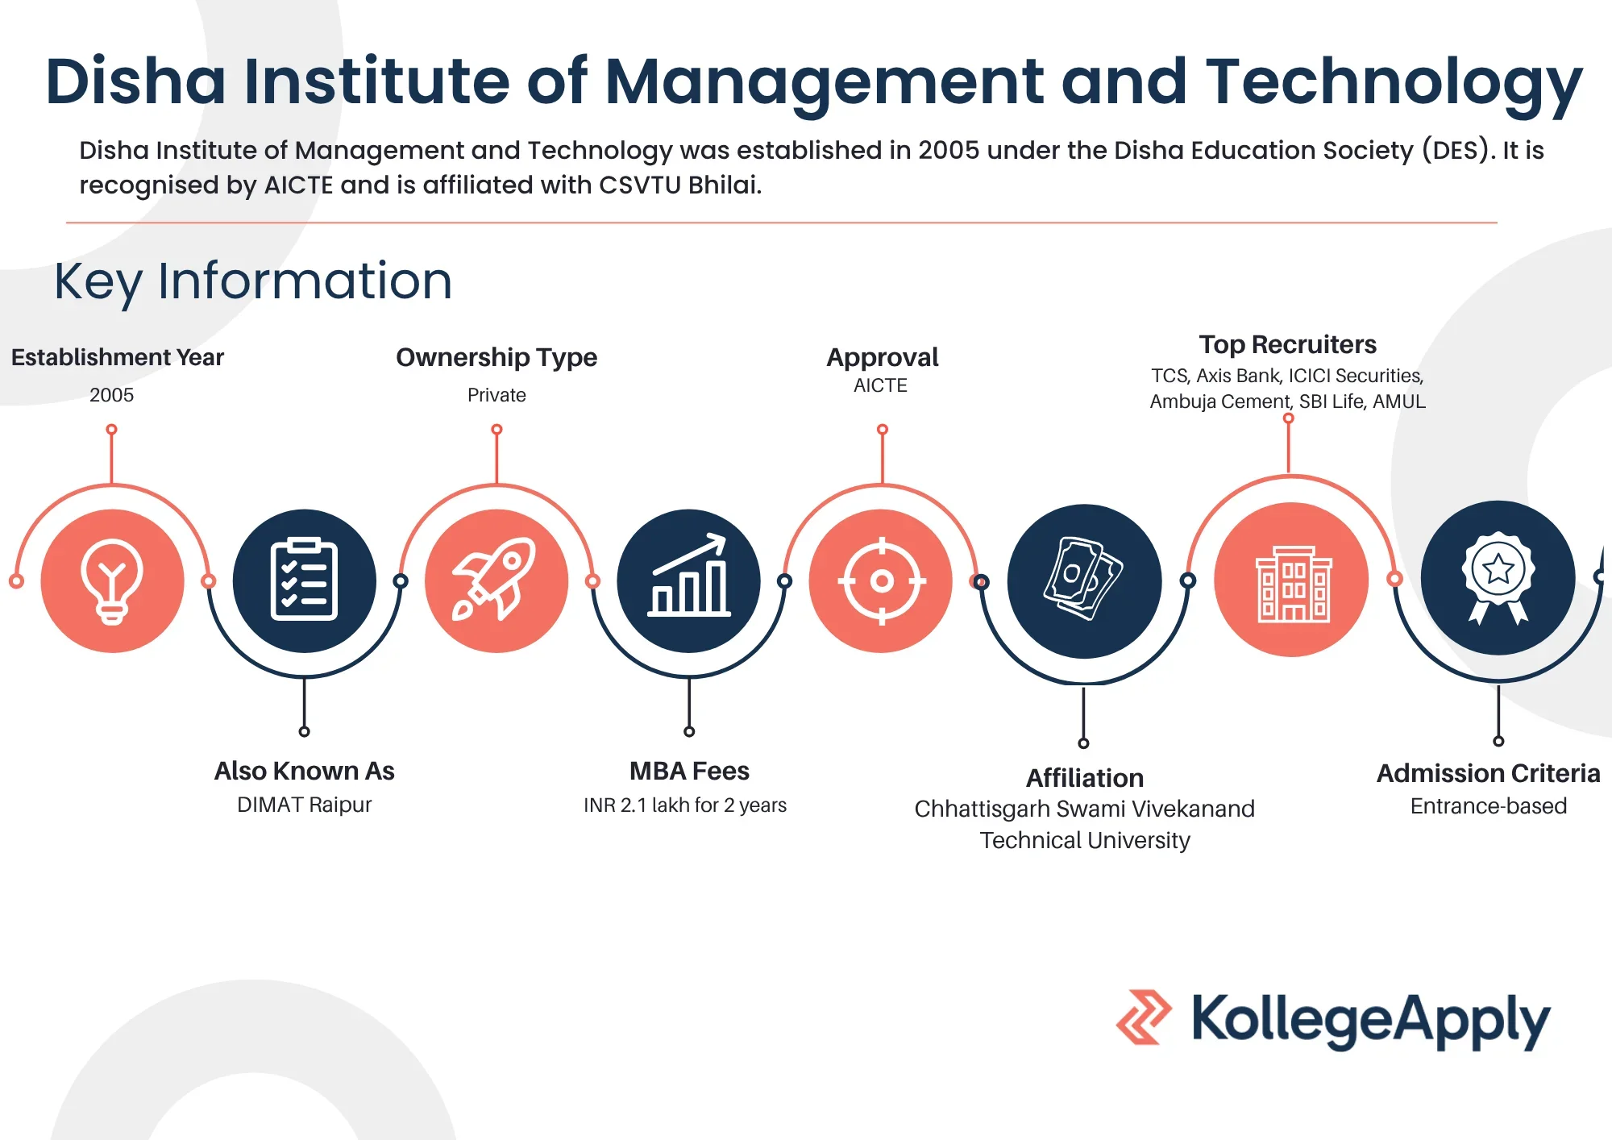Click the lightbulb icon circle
coord(112,580)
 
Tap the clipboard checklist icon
coord(304,579)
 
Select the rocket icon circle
coord(496,580)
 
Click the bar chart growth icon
coord(689,575)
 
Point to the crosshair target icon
coord(882,580)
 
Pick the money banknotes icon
coord(1083,578)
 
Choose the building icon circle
coord(1291,580)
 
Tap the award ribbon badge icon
coord(1498,577)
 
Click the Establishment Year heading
coord(118,357)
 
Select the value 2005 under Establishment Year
coord(112,395)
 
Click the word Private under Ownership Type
coord(496,395)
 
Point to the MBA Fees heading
coord(689,771)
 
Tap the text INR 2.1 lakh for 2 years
coord(685,805)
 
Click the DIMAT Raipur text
coord(305,805)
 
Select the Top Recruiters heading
coord(1288,344)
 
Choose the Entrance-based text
coord(1489,806)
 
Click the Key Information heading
coord(253,281)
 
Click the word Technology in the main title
coord(1394,83)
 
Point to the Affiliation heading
coord(1085,778)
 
